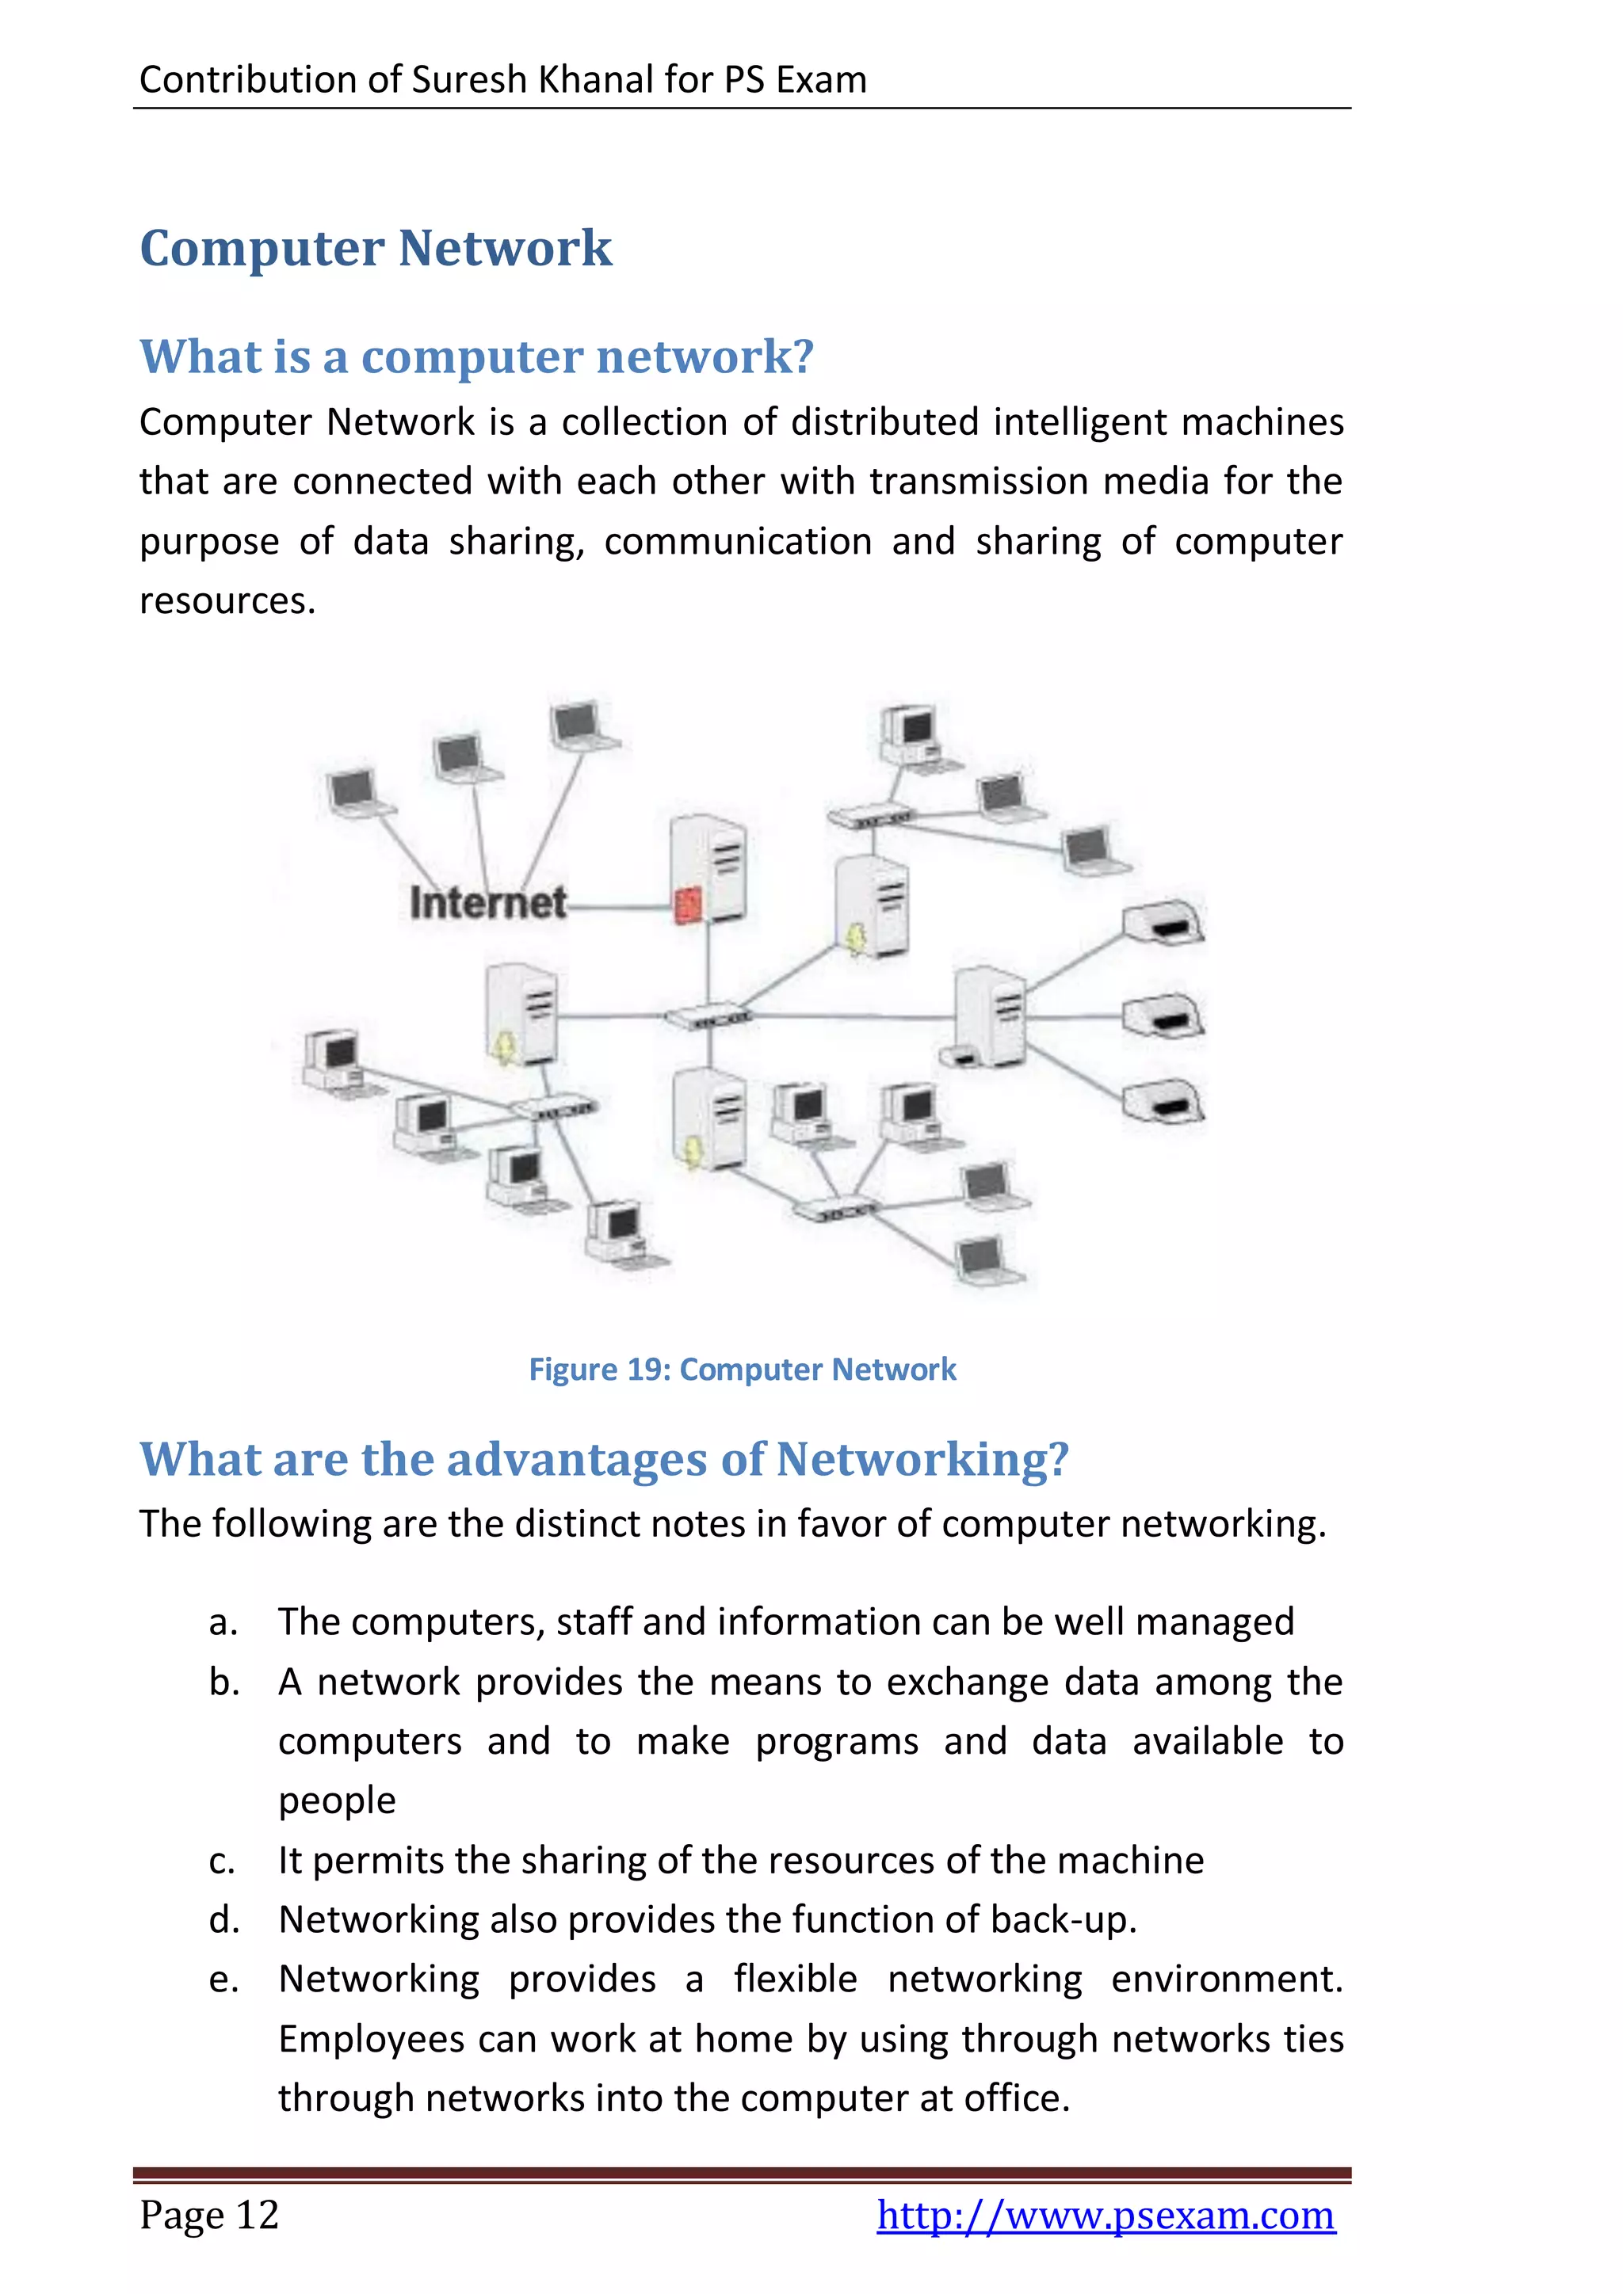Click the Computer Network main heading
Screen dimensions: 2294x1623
[x=376, y=248]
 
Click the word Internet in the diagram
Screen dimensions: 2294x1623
[x=487, y=903]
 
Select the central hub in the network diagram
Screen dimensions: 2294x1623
[x=708, y=1017]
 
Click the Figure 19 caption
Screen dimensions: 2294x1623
[x=742, y=1369]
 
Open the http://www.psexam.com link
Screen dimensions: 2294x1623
[x=1106, y=2215]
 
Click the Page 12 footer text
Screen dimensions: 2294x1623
[x=209, y=2215]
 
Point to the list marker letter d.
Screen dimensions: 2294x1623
[x=223, y=1919]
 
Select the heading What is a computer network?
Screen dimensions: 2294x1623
[x=477, y=356]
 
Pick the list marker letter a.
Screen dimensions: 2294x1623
[x=223, y=1621]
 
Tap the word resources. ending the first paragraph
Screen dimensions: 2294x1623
[x=227, y=600]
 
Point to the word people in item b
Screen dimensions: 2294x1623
[x=337, y=1801]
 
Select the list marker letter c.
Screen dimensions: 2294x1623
[x=222, y=1861]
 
